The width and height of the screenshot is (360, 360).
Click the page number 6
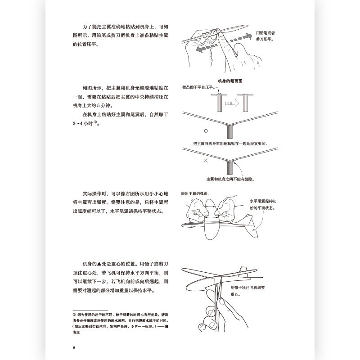(x=73, y=347)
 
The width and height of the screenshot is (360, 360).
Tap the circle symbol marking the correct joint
(x=205, y=131)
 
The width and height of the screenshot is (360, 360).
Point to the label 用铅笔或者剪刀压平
(x=265, y=36)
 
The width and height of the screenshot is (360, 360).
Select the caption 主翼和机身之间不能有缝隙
(x=230, y=179)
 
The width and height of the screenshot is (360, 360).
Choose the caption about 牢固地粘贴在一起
(x=229, y=144)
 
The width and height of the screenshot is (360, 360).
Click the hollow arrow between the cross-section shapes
(x=232, y=103)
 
